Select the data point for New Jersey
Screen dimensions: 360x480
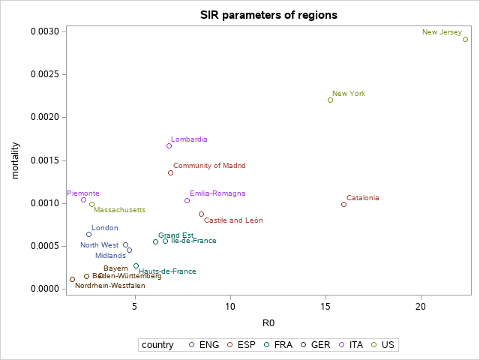(x=465, y=39)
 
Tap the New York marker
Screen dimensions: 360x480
(x=330, y=100)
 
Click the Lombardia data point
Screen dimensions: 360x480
(x=169, y=145)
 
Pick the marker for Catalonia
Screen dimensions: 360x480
(x=343, y=204)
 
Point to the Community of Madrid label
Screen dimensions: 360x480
(x=209, y=166)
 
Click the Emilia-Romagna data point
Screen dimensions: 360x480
(x=187, y=200)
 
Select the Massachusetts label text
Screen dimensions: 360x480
(x=119, y=210)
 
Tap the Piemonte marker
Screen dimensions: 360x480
(x=83, y=199)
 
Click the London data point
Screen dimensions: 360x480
(x=88, y=234)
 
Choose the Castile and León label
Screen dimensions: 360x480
(x=233, y=220)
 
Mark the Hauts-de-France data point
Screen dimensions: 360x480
(x=136, y=265)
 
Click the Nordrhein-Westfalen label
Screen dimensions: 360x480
(x=110, y=286)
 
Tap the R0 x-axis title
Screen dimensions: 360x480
(x=268, y=323)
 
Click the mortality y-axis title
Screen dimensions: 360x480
(x=15, y=160)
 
